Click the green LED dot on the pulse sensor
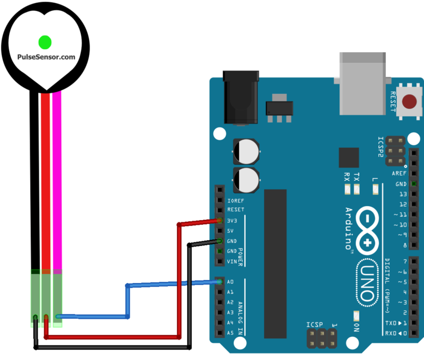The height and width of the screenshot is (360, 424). pos(45,41)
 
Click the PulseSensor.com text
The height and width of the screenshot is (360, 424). pos(46,57)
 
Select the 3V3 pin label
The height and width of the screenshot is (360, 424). pos(232,221)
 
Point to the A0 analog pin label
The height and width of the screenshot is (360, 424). pos(230,282)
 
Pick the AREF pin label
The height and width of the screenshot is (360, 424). pos(400,173)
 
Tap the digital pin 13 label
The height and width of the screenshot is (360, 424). pos(402,194)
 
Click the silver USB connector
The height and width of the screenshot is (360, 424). pos(363,83)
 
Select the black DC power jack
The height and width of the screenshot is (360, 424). pos(241,97)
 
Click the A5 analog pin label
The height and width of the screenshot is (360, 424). pos(230,333)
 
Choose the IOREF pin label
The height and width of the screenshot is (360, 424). pos(235,200)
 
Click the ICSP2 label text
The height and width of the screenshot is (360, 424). pos(381,147)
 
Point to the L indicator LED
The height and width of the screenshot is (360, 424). pos(375,190)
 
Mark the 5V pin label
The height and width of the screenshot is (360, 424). pos(231,231)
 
